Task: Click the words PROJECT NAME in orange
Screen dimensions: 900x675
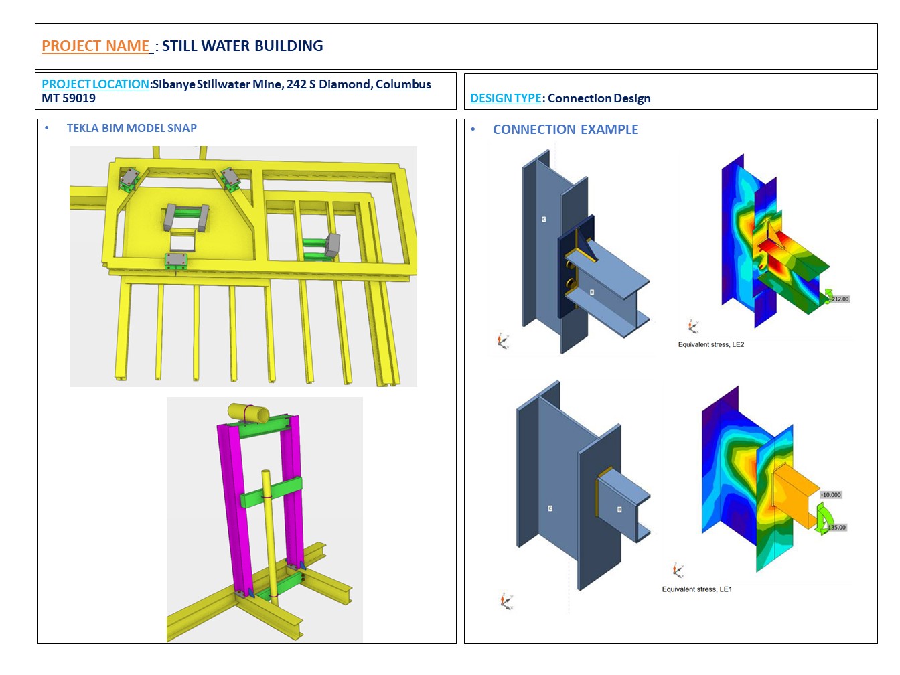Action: [x=95, y=46]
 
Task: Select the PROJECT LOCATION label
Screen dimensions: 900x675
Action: [x=95, y=84]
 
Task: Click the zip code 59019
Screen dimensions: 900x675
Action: [x=79, y=98]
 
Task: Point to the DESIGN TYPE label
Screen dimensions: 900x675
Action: [x=506, y=98]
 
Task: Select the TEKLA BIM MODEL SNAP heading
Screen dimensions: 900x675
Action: [x=132, y=128]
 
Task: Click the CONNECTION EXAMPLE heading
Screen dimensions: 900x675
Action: [x=565, y=129]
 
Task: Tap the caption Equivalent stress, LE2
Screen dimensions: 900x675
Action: [x=711, y=344]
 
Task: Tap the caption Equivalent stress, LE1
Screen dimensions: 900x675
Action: [x=696, y=589]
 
